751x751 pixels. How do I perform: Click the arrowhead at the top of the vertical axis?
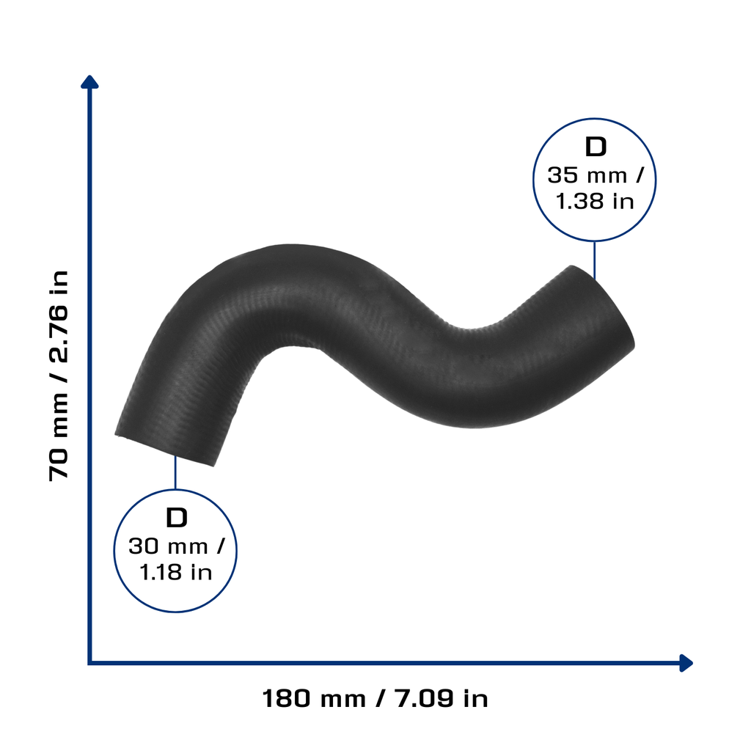[89, 81]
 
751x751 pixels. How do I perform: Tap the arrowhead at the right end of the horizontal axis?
[686, 663]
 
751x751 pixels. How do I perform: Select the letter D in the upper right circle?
[596, 147]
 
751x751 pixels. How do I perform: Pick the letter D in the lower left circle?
[176, 518]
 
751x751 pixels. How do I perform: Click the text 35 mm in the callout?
[587, 175]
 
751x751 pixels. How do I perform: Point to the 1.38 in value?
[594, 201]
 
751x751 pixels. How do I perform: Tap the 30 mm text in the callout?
[168, 546]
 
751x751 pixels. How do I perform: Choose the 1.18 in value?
[176, 572]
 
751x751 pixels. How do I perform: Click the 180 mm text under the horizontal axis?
[314, 698]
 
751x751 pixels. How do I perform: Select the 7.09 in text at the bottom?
[441, 698]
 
